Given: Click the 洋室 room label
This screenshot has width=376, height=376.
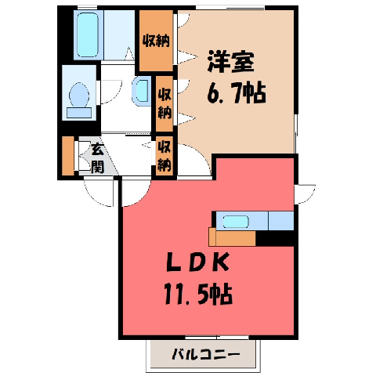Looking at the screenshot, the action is pos(231,62).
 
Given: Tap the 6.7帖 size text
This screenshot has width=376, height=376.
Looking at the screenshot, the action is pos(237,93).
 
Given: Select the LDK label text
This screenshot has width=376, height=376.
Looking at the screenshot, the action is pos(197,262).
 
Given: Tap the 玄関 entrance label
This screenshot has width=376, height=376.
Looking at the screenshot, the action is pos(98,158).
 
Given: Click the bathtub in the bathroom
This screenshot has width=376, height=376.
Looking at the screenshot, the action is pos(88,34).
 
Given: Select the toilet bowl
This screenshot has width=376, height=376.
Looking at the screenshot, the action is pos(79,95).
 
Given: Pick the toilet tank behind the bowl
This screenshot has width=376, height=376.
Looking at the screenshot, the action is pos(79,113).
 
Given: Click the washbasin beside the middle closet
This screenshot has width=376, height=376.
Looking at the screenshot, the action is pos(142,91).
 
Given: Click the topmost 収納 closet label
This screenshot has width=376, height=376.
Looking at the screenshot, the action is pos(156,41).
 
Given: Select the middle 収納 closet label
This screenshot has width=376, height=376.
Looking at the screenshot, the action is pos(164,103).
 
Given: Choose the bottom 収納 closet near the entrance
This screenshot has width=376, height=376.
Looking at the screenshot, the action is pos(164,156).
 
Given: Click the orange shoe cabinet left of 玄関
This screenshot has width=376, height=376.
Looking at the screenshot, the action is pos(68,156).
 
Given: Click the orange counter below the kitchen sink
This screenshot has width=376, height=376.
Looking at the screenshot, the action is pos(232,238).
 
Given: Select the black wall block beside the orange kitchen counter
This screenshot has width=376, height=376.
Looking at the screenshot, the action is pos(275,238).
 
